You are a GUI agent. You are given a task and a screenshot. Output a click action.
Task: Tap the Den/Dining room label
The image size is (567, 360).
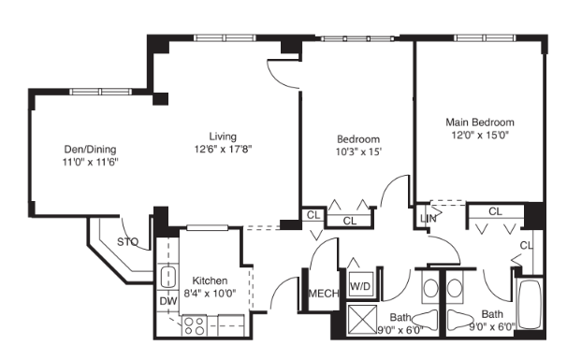tap(90, 149)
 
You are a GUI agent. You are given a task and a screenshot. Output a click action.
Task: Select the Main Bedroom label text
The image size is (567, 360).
tap(480, 122)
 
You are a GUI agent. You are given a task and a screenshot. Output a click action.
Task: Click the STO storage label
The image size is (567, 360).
tap(127, 242)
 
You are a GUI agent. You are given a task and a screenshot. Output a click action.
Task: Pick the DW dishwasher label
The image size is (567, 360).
tap(168, 300)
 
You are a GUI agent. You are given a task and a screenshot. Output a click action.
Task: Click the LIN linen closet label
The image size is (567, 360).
tap(429, 219)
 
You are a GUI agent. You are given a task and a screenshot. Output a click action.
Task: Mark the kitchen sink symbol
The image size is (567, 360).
tap(169, 277)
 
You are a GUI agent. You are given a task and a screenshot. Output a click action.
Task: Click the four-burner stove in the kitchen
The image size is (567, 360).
tap(195, 325)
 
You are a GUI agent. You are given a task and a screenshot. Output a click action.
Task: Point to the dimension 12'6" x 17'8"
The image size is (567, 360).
tap(224, 148)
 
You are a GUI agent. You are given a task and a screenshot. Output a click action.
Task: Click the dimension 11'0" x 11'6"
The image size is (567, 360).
tap(90, 162)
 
